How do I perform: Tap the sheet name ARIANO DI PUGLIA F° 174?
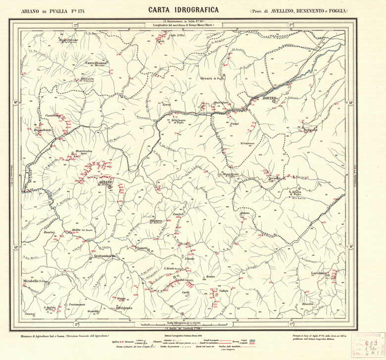pyautogui.click(x=50, y=10)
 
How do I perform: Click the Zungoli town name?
pyautogui.click(x=178, y=214)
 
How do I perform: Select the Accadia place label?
pyautogui.click(x=274, y=177)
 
